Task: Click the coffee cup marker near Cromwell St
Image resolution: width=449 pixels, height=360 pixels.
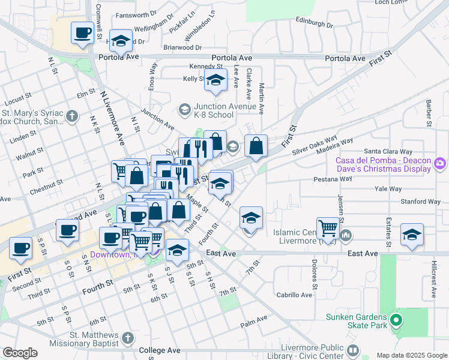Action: (82, 32)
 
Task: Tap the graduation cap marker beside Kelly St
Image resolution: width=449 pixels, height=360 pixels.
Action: (215, 80)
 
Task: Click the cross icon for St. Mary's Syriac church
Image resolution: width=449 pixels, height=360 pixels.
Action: (71, 116)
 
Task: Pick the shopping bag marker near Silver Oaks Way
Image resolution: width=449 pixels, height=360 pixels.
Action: (256, 146)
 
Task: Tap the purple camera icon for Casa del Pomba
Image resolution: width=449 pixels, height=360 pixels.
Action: (440, 163)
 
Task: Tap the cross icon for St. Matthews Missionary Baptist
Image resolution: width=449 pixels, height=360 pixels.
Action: (127, 339)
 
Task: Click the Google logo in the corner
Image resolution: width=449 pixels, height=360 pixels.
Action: (20, 353)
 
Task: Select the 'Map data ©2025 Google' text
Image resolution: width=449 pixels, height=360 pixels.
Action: (412, 355)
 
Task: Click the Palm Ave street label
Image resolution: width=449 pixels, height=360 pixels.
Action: (253, 325)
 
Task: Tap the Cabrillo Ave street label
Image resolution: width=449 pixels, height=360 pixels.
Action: (294, 295)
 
